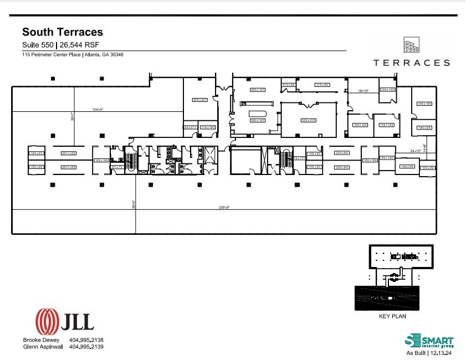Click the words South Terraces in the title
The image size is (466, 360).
62,33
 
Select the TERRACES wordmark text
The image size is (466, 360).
411,63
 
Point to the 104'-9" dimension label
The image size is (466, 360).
98,110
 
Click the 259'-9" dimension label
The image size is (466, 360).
223,208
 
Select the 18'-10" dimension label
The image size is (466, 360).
363,89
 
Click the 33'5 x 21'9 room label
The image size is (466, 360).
309,120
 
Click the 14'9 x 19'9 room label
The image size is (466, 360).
424,104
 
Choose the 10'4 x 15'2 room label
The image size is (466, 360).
387,89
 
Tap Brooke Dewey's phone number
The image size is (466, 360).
86,340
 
